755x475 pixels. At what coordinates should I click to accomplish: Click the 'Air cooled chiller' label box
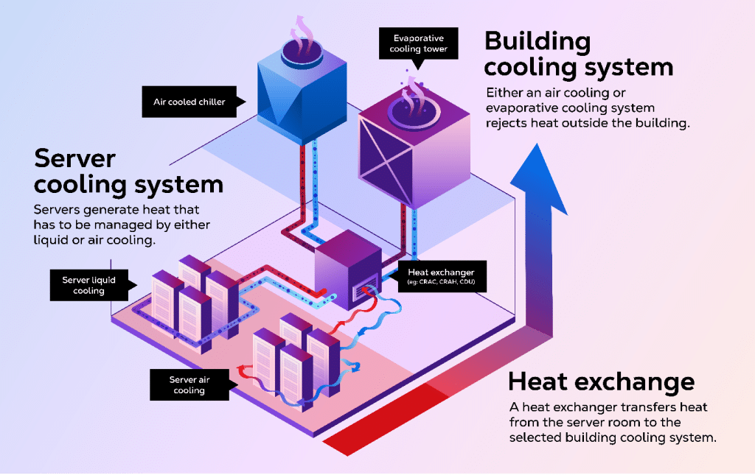tap(189, 102)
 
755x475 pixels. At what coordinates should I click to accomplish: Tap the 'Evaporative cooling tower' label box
tap(419, 43)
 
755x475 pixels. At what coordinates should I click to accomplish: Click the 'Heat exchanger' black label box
tap(441, 277)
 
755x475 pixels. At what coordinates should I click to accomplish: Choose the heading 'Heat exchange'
tap(602, 381)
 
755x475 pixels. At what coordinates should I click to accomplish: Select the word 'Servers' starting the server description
tap(58, 210)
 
